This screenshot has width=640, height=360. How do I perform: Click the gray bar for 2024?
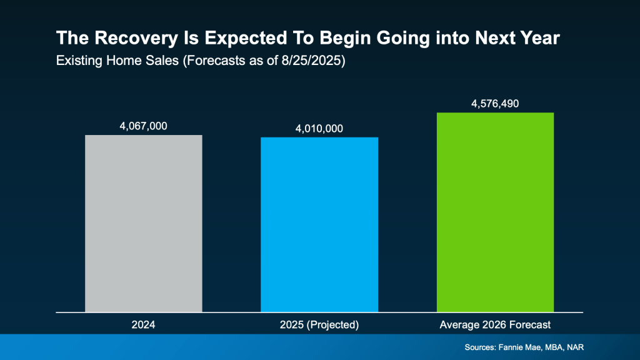point(143,223)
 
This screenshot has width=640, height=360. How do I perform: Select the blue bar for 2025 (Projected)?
point(319,224)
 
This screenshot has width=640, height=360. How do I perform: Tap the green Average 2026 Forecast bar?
point(496,212)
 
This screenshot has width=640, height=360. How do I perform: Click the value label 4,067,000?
point(143,126)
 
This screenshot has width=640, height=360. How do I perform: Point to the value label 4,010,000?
point(319,128)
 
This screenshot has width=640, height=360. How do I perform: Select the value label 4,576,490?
point(496,103)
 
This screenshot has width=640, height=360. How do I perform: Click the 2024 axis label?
point(143,324)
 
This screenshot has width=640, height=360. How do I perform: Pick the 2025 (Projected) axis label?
point(319,324)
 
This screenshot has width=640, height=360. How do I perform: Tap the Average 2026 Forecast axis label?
point(496,324)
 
